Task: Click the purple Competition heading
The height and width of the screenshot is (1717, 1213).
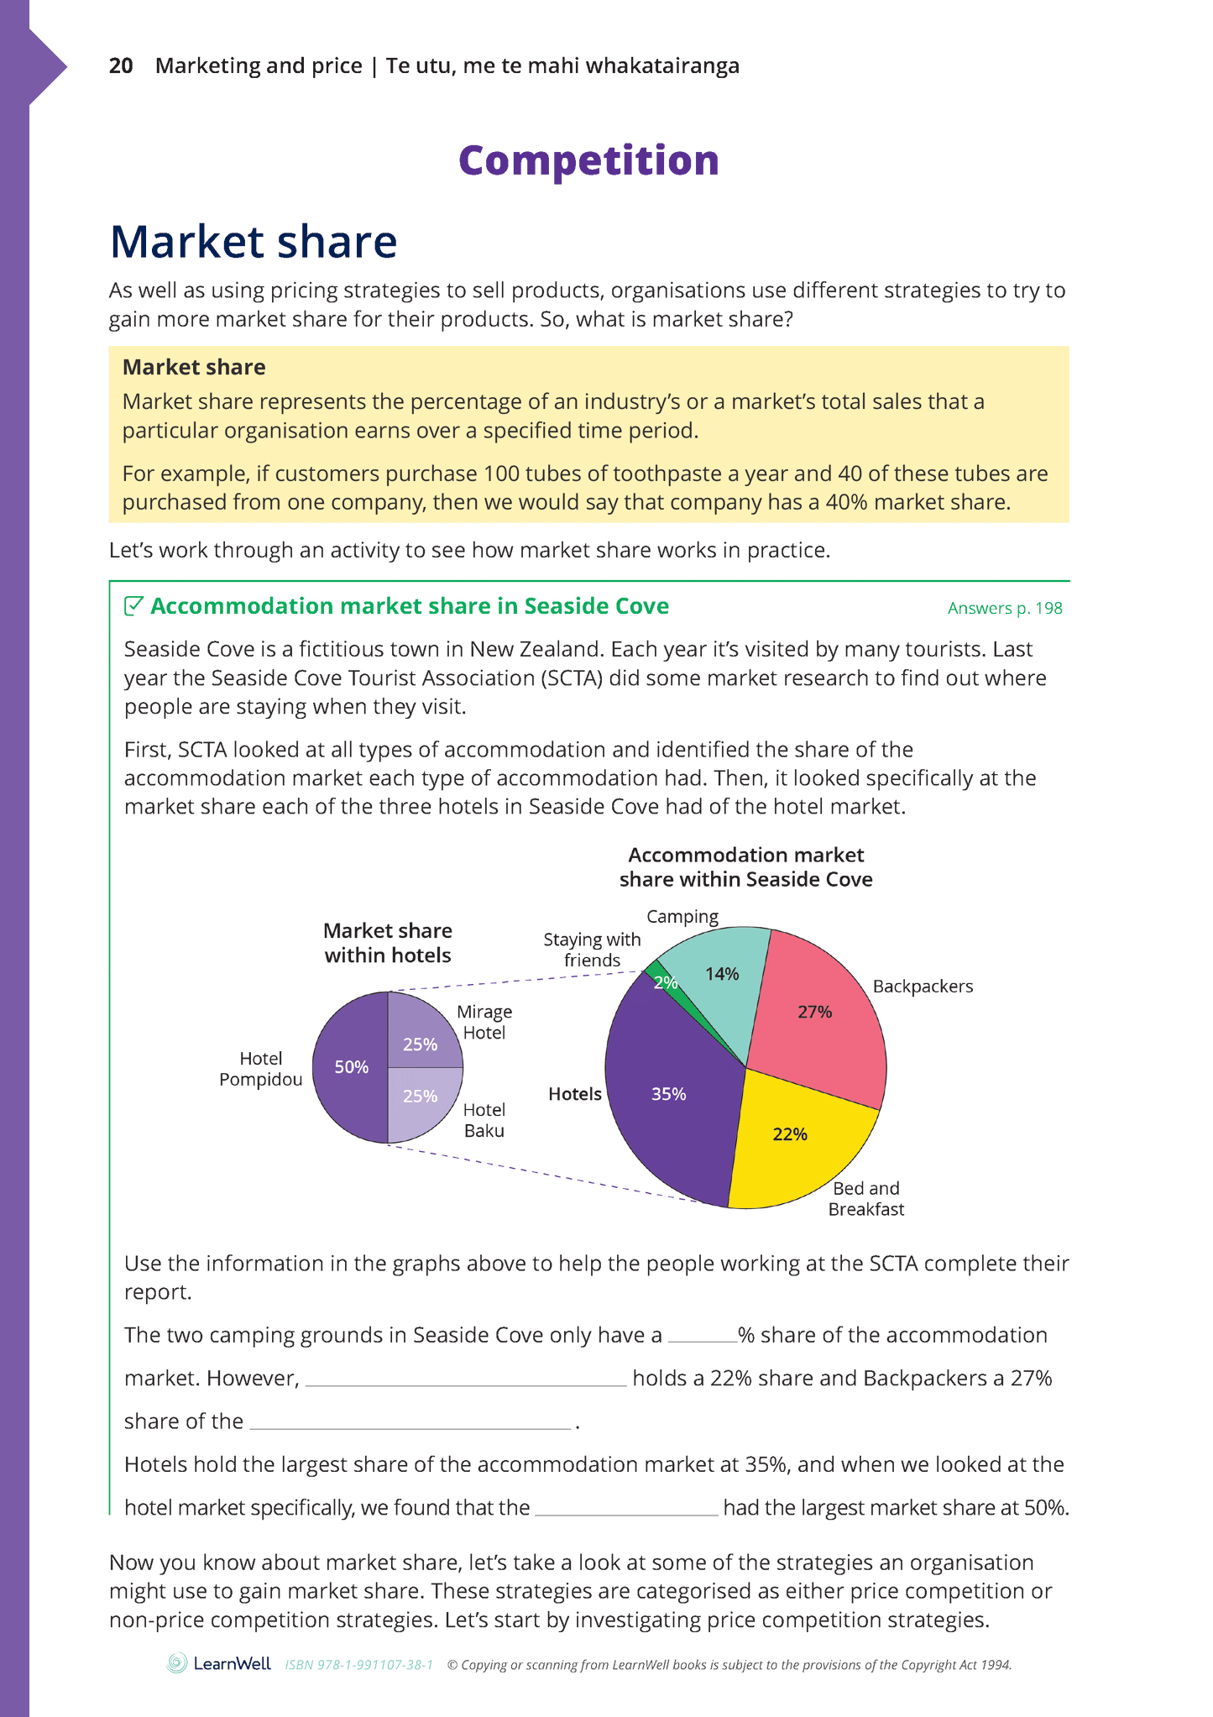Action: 588,160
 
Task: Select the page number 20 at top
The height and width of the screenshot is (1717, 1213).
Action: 121,65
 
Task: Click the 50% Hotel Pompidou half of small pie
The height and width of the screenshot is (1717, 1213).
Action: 350,1067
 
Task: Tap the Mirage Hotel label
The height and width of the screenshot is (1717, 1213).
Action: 484,1022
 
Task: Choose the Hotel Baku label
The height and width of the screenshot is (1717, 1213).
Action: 484,1120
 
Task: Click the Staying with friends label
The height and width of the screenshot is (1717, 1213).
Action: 592,950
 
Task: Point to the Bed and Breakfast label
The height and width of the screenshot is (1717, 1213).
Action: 866,1198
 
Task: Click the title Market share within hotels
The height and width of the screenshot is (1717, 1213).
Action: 388,942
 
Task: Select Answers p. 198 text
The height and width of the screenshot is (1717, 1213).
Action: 1005,608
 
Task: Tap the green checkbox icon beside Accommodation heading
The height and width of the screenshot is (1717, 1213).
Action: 133,605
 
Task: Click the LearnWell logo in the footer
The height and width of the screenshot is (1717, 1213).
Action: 219,1663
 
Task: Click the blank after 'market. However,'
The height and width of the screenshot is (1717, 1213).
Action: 465,1380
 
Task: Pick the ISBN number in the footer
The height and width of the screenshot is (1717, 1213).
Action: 358,1665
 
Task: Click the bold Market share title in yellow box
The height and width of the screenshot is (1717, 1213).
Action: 194,367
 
